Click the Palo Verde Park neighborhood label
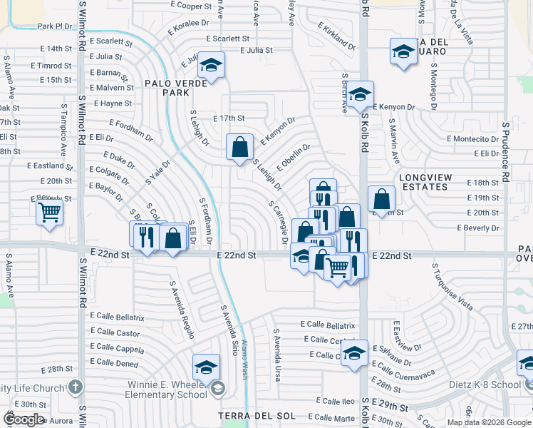(x=175, y=88)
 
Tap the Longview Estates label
(x=423, y=182)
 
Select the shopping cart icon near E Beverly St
(x=50, y=211)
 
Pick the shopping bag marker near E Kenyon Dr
(x=240, y=147)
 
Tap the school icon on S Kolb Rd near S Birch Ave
(x=361, y=94)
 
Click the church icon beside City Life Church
(x=76, y=387)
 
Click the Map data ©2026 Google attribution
(x=490, y=422)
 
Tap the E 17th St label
(x=229, y=118)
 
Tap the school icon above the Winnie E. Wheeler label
(x=206, y=367)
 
